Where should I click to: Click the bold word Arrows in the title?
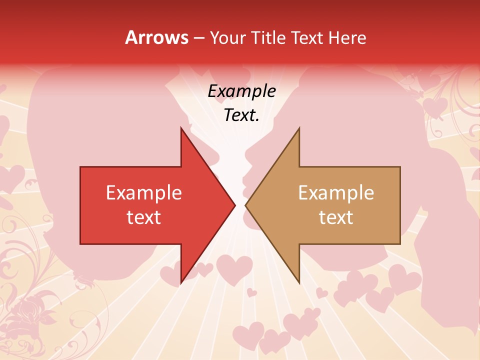tap(157, 37)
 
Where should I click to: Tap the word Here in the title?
tap(347, 37)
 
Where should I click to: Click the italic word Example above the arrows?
tap(241, 91)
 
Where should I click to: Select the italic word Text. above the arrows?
tap(241, 115)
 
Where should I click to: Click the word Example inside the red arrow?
tap(144, 192)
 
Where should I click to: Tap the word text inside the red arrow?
tap(144, 217)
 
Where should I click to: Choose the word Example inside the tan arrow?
tap(336, 192)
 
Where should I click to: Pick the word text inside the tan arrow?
tap(336, 217)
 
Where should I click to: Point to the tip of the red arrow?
tap(234, 205)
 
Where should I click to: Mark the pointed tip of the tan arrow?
tap(246, 205)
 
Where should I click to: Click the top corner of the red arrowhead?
tap(181, 128)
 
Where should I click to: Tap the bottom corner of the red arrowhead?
tap(181, 282)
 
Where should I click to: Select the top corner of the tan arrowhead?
tap(299, 128)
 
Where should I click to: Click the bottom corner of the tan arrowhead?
tap(299, 282)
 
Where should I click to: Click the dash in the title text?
tap(198, 38)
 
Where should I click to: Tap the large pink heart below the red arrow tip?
tap(234, 269)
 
